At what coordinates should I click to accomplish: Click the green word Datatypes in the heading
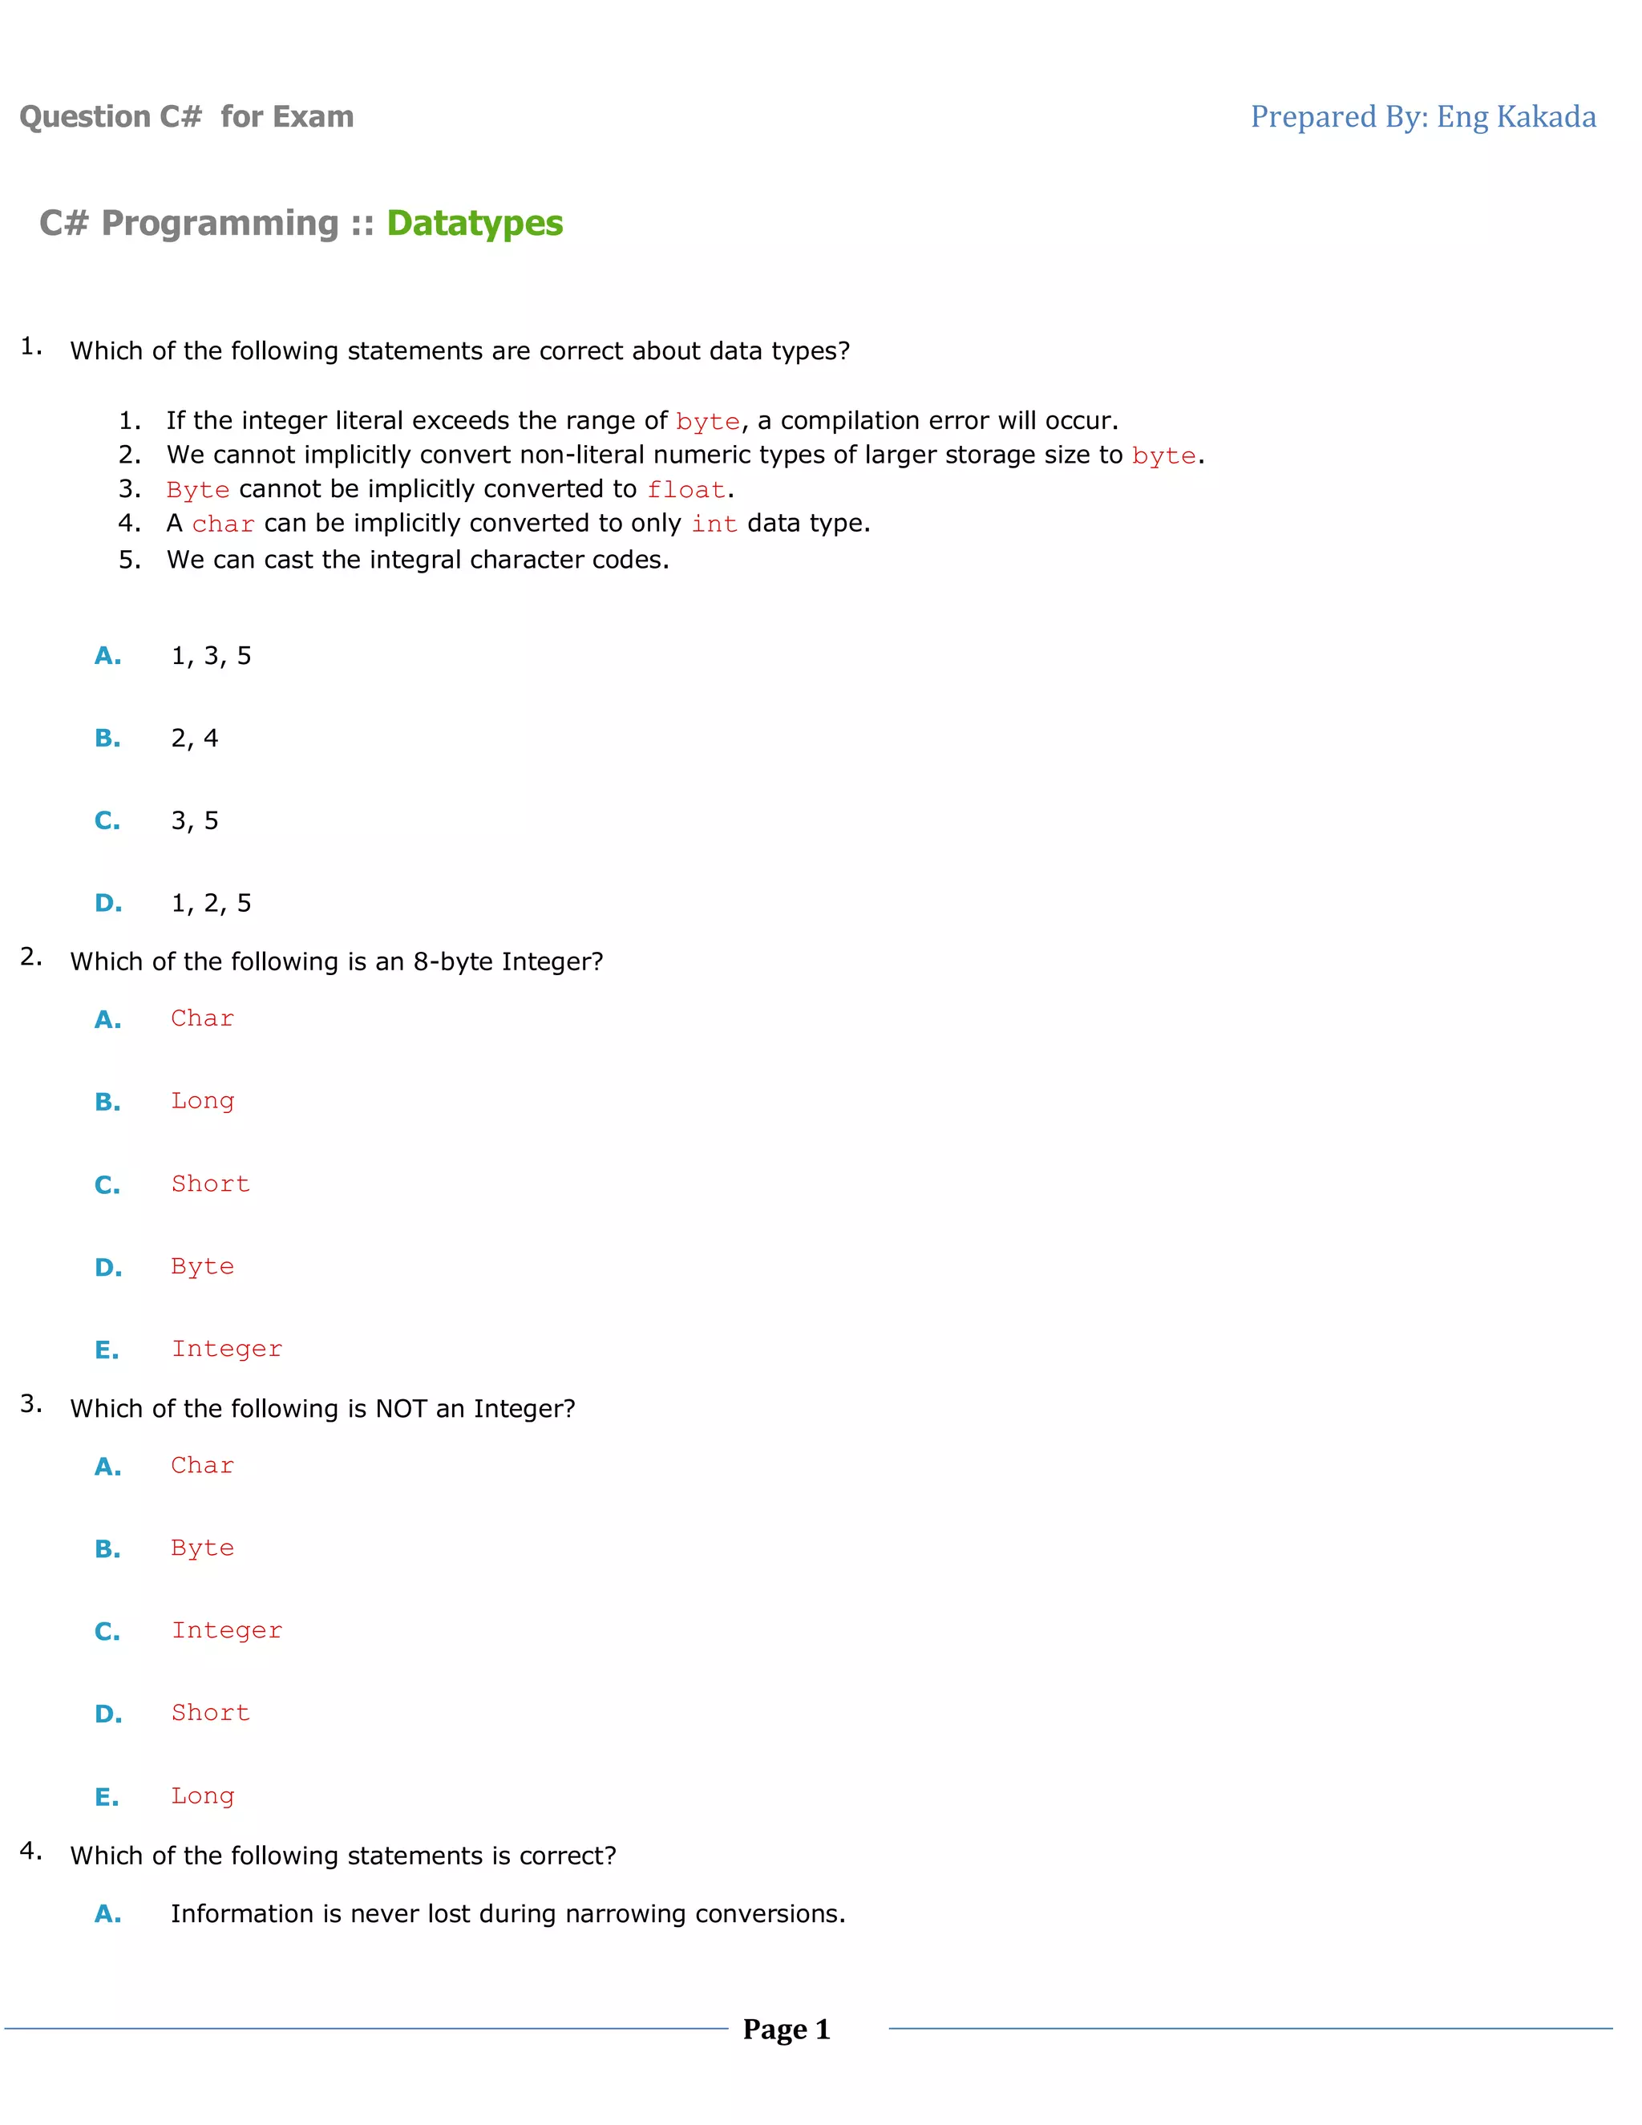pyautogui.click(x=475, y=223)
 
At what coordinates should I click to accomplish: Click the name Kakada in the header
pyautogui.click(x=1546, y=117)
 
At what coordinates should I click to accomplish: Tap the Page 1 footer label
pyautogui.click(x=786, y=2029)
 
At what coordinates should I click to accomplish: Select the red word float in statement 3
pyautogui.click(x=687, y=489)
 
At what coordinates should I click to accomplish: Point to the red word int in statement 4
pyautogui.click(x=714, y=524)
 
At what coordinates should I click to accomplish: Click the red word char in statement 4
pyautogui.click(x=223, y=524)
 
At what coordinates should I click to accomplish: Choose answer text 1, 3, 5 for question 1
pyautogui.click(x=211, y=656)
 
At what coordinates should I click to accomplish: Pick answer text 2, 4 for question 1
pyautogui.click(x=195, y=739)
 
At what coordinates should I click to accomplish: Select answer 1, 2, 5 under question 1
pyautogui.click(x=211, y=903)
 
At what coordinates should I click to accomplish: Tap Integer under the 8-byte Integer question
pyautogui.click(x=227, y=1349)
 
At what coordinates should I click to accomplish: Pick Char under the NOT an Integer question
pyautogui.click(x=202, y=1465)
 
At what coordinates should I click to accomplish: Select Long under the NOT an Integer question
pyautogui.click(x=202, y=1796)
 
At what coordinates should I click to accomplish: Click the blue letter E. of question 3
pyautogui.click(x=107, y=1797)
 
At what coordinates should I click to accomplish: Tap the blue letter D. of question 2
pyautogui.click(x=108, y=1268)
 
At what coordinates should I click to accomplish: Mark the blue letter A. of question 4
pyautogui.click(x=108, y=1914)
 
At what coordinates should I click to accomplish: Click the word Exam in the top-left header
pyautogui.click(x=313, y=117)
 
